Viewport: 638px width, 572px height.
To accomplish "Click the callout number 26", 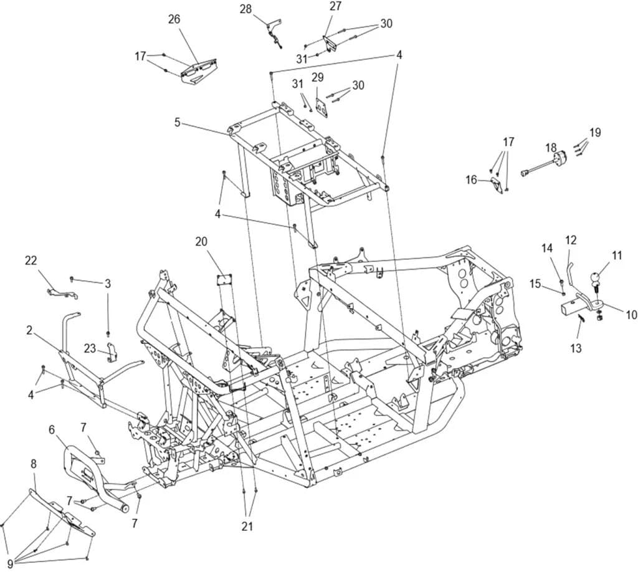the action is [x=174, y=19].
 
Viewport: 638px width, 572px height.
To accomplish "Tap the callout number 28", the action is [x=245, y=9].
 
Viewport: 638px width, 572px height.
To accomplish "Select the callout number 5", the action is [x=177, y=122].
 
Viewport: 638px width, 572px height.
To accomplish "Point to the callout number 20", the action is [x=201, y=242].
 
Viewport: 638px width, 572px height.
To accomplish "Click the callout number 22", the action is [x=31, y=260].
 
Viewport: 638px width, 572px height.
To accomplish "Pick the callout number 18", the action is [x=551, y=147].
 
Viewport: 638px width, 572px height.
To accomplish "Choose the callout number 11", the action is [x=617, y=255].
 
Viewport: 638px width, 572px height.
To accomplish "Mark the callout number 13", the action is [x=576, y=348].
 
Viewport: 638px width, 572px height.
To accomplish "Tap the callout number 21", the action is [x=247, y=527].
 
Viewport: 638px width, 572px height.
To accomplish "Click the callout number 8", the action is [x=34, y=464].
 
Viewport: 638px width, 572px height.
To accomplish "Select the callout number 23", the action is [x=90, y=348].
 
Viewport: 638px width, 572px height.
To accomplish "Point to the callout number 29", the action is [x=318, y=77].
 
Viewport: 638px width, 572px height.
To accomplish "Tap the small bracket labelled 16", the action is [x=498, y=184].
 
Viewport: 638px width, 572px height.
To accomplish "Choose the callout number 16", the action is [x=471, y=179].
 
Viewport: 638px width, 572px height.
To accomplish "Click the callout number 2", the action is [x=29, y=330].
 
